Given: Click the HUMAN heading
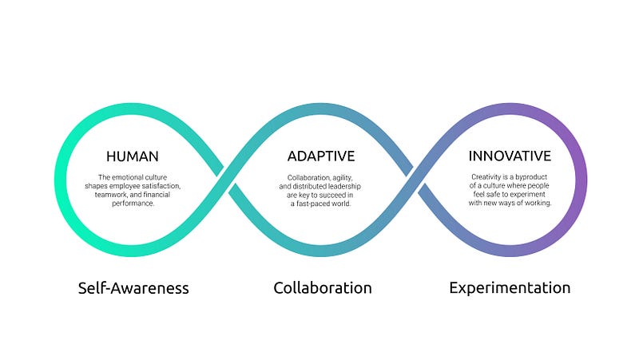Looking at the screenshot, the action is pos(133,156).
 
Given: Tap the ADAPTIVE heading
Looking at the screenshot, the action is pos(321,156).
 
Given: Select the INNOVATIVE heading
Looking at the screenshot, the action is pos(510,156).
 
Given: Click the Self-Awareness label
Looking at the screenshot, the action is pos(133,288).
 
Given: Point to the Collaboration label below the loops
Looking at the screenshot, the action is pos(323,288).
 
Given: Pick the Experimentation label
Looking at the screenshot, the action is pos(510,288).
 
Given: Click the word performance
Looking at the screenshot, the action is pos(133,204).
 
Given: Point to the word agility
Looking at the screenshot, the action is pos(343,178).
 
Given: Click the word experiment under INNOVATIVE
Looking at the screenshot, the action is pos(528,194).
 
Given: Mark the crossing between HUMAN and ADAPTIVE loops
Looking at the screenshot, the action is pos(227,180).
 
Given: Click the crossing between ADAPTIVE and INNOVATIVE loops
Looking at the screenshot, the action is pos(415,180).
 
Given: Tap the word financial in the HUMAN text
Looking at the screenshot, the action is pos(157,195).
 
